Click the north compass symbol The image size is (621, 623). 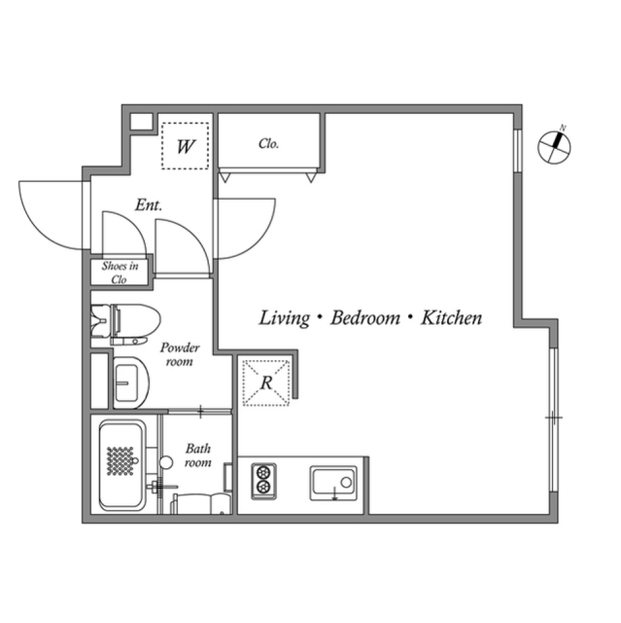click(x=555, y=146)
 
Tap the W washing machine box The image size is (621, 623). click(x=185, y=146)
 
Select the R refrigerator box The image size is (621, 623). click(x=265, y=381)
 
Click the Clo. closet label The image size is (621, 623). click(x=268, y=144)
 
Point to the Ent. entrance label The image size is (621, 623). click(x=148, y=205)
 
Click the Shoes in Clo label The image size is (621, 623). click(x=120, y=272)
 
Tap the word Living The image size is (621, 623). click(x=285, y=318)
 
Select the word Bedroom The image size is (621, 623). click(x=365, y=318)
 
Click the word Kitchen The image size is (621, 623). click(x=452, y=318)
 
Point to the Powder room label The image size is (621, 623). click(x=179, y=354)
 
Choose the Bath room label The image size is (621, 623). click(x=198, y=455)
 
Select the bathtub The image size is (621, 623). click(x=122, y=464)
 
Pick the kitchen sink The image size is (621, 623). click(x=333, y=483)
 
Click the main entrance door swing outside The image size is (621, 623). click(x=52, y=214)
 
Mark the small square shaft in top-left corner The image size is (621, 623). click(x=141, y=122)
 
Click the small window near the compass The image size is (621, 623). click(x=517, y=150)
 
